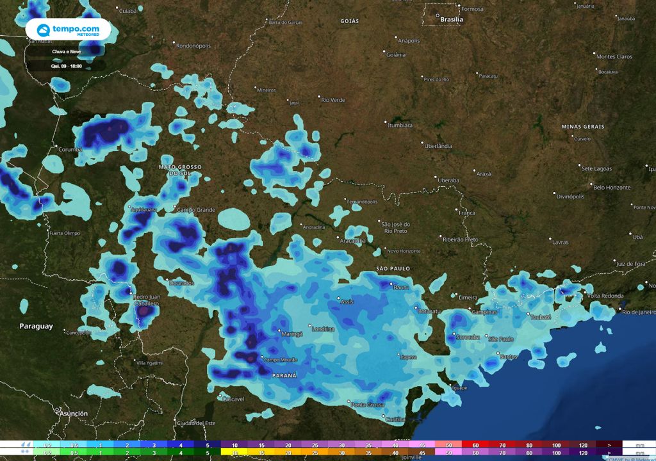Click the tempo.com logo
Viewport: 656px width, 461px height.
click(68, 29)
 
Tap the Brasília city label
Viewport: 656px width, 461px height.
click(452, 20)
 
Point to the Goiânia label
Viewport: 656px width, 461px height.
click(396, 54)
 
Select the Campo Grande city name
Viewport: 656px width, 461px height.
click(195, 209)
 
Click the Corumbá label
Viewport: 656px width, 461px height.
click(70, 149)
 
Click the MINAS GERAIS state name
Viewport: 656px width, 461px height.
click(582, 127)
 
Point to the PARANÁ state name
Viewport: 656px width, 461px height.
click(284, 375)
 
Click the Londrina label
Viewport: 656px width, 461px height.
click(322, 329)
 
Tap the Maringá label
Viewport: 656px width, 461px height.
click(291, 334)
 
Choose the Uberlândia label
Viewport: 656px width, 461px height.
click(438, 146)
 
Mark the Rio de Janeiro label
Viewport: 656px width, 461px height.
click(637, 312)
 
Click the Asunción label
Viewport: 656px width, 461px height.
click(73, 414)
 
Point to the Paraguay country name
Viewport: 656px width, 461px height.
click(36, 327)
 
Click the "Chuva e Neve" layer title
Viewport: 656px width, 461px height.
click(67, 51)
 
